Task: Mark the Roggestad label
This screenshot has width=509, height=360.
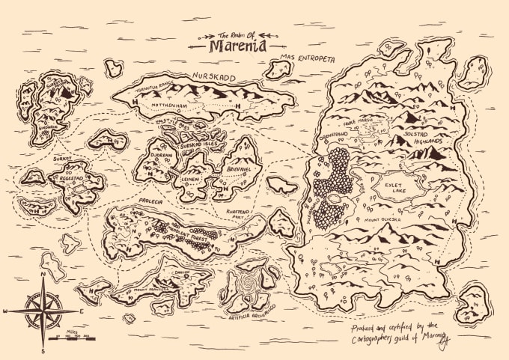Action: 67,180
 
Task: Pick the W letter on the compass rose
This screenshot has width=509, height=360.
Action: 6,310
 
